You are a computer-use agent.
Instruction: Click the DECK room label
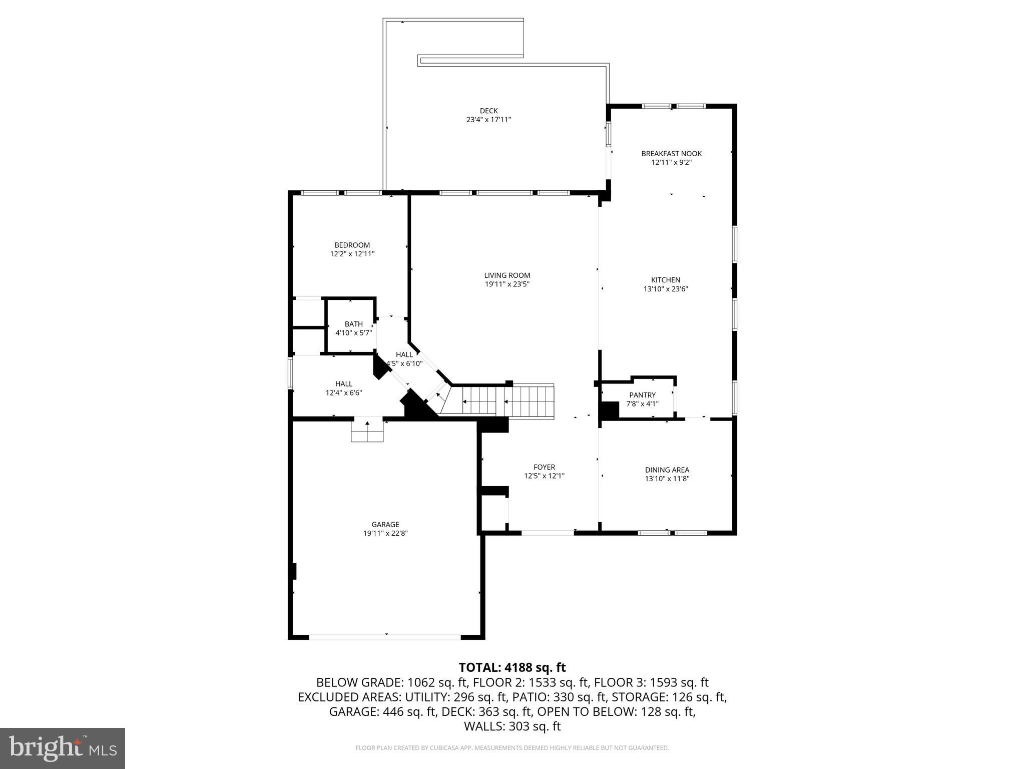coord(488,111)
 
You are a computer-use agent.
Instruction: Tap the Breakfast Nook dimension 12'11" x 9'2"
coord(671,163)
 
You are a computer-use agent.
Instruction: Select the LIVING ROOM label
coord(507,275)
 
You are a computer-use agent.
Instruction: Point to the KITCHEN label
coord(665,280)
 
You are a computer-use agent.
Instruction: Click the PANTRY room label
coord(642,395)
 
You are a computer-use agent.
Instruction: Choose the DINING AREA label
coord(667,470)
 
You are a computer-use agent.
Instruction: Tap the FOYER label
coord(544,467)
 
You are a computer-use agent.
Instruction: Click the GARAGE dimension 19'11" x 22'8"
coord(385,534)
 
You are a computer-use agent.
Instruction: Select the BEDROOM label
coord(352,245)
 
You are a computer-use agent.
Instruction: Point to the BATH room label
coord(353,324)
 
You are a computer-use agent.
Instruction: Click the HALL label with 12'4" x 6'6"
coord(344,384)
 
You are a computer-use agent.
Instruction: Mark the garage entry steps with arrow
coord(367,431)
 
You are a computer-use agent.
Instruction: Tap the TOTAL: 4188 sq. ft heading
coord(512,667)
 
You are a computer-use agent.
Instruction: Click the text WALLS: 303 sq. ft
coord(512,726)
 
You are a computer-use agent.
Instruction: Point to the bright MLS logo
coord(63,748)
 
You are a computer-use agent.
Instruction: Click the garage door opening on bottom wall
coord(385,637)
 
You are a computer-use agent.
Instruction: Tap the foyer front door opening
coord(548,533)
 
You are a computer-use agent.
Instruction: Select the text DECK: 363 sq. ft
coord(488,711)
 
